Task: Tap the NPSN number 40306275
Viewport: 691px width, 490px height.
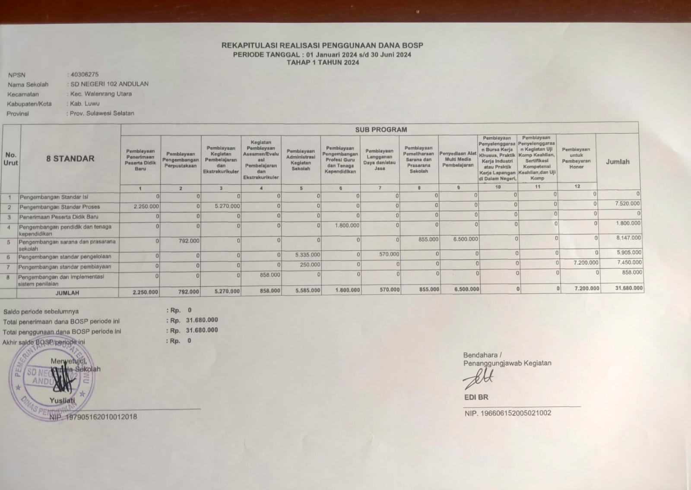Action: coord(85,74)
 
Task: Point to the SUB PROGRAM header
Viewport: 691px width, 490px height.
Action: coord(380,130)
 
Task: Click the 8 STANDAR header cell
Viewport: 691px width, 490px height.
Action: coord(70,158)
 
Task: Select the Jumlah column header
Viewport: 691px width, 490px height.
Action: coord(618,161)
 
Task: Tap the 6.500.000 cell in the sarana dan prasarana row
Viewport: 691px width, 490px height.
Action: coord(465,239)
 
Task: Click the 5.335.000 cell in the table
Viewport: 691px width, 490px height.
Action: coord(307,255)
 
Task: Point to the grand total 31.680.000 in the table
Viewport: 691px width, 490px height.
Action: coord(629,288)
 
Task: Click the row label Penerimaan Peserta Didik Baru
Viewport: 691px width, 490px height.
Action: coord(59,217)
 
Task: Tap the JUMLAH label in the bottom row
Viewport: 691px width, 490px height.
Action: coord(67,293)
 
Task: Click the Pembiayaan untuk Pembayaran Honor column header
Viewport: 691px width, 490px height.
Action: coord(576,158)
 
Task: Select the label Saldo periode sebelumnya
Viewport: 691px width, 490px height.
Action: coord(41,311)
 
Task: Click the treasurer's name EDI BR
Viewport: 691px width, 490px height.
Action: coord(476,397)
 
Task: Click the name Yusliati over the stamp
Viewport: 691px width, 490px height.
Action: coord(62,400)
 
